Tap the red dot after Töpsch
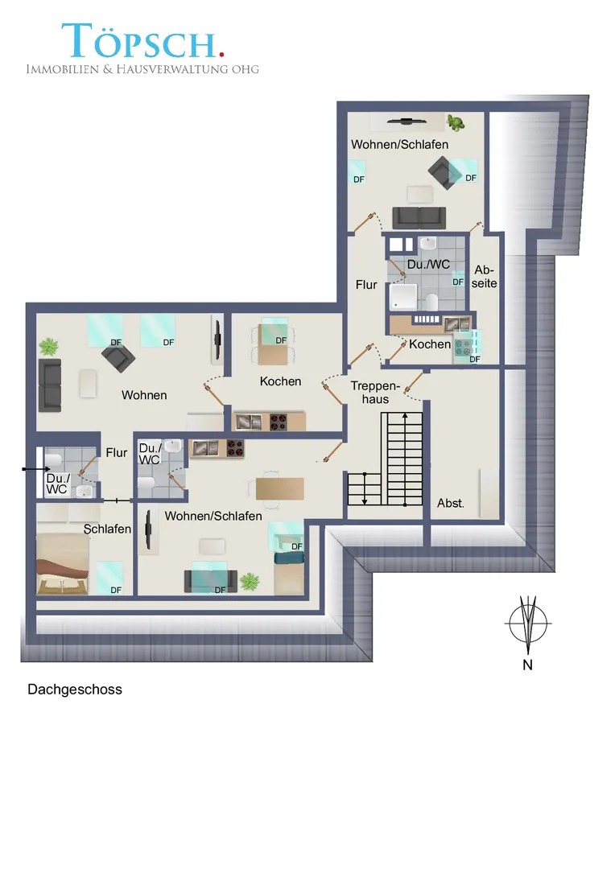click(x=222, y=54)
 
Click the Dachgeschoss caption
click(x=75, y=690)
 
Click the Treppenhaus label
click(x=375, y=393)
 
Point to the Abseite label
click(x=484, y=277)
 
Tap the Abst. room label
click(x=450, y=503)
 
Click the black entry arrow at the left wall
click(x=36, y=469)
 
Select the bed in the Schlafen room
click(x=62, y=564)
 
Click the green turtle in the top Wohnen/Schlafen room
click(x=456, y=122)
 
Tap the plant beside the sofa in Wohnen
click(x=49, y=347)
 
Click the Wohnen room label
click(x=144, y=395)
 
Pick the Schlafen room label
click(x=107, y=529)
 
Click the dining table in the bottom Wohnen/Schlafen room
click(x=279, y=488)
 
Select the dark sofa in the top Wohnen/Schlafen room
click(x=419, y=218)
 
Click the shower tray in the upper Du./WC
click(x=402, y=296)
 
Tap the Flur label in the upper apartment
click(x=366, y=285)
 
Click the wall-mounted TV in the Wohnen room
click(x=217, y=340)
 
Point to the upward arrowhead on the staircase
click(x=405, y=415)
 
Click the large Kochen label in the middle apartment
click(x=281, y=381)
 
